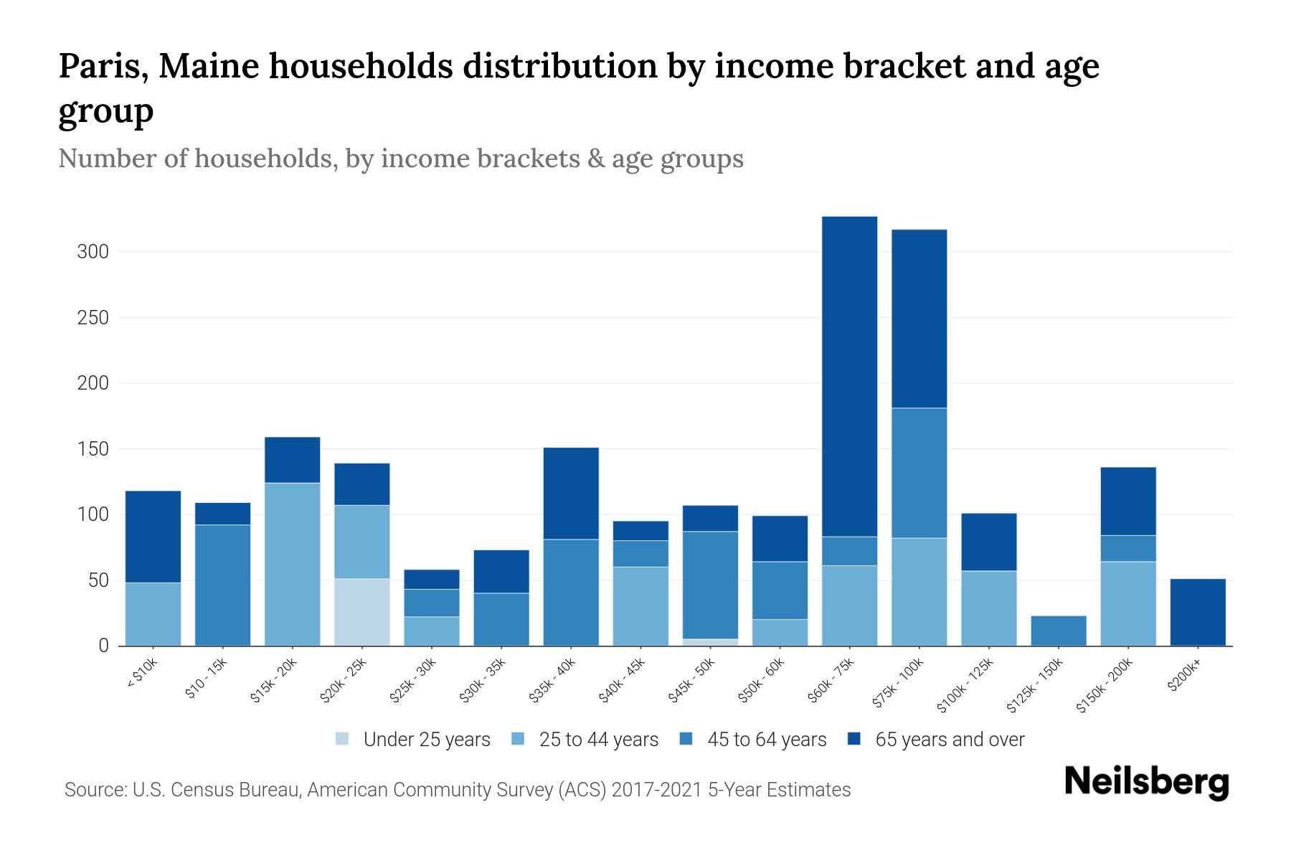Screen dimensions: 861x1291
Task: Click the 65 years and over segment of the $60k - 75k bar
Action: click(849, 376)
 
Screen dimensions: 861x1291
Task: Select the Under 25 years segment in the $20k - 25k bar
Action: click(362, 612)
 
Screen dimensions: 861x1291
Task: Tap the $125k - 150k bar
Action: click(1059, 631)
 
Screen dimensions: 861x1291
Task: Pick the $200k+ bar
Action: click(1198, 612)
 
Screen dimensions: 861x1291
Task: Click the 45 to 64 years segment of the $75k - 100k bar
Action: click(919, 473)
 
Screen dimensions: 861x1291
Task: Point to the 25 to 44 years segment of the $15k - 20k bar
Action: click(293, 564)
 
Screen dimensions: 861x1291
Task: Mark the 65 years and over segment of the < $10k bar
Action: click(153, 537)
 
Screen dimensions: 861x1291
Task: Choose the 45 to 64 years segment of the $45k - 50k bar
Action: click(710, 585)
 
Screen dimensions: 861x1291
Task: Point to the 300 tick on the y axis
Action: click(93, 252)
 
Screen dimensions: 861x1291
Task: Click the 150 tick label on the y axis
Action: click(93, 449)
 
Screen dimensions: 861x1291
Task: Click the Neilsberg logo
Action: click(1146, 782)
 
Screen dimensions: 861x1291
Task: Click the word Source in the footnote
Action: click(95, 790)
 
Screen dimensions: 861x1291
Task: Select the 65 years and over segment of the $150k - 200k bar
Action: click(1128, 501)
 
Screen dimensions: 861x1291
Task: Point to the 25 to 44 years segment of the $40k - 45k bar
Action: click(640, 606)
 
